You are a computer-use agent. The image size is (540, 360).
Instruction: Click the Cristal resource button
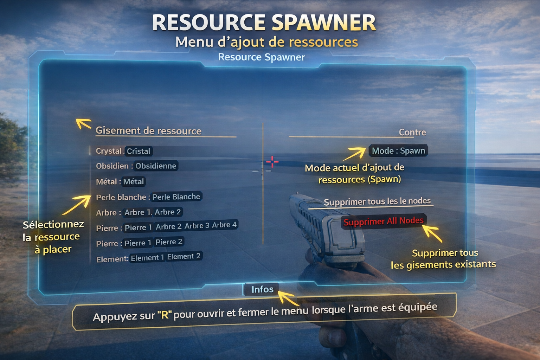[x=139, y=151]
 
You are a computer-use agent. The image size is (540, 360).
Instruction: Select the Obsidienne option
[x=156, y=166]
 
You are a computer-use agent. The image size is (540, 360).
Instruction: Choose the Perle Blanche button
[x=176, y=197]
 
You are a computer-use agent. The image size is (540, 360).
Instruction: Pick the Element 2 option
[x=184, y=256]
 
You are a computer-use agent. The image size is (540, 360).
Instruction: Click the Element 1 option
[x=147, y=258]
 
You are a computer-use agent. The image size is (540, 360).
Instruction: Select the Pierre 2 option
[x=169, y=242]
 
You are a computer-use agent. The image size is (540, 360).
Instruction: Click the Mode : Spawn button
[x=398, y=151]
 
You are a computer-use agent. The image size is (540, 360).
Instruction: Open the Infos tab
[x=262, y=289]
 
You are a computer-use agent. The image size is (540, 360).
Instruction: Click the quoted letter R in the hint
[x=164, y=315]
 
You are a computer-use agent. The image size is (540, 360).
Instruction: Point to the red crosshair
[x=272, y=162]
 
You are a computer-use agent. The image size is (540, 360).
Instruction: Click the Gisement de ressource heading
[x=148, y=131]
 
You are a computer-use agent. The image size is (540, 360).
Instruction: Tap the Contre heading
[x=412, y=133]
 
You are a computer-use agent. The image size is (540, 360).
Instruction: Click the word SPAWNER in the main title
[x=323, y=23]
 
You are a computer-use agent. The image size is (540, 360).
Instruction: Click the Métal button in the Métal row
[x=134, y=182]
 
